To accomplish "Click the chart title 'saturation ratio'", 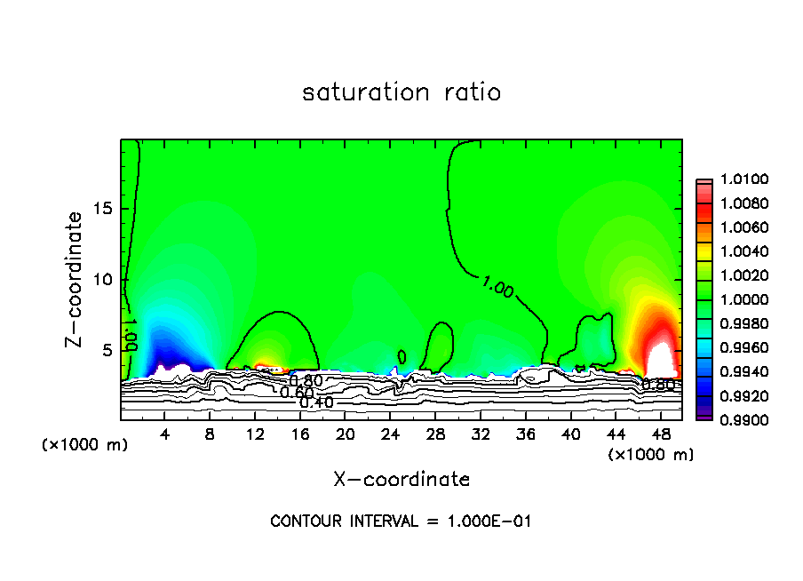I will pyautogui.click(x=401, y=92).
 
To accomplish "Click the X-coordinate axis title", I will pyautogui.click(x=401, y=480).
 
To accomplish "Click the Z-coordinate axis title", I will pyautogui.click(x=78, y=279).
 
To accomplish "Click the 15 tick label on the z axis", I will pyautogui.click(x=103, y=210).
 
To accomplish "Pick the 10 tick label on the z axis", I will pyautogui.click(x=103, y=280).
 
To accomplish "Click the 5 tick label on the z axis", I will pyautogui.click(x=107, y=350).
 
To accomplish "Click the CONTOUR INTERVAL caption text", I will pyautogui.click(x=401, y=521).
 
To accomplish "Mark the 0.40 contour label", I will pyautogui.click(x=317, y=402).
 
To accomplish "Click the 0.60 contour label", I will pyautogui.click(x=297, y=392).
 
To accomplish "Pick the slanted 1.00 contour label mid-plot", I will pyautogui.click(x=497, y=286).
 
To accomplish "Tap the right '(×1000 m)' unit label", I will pyautogui.click(x=650, y=454).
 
